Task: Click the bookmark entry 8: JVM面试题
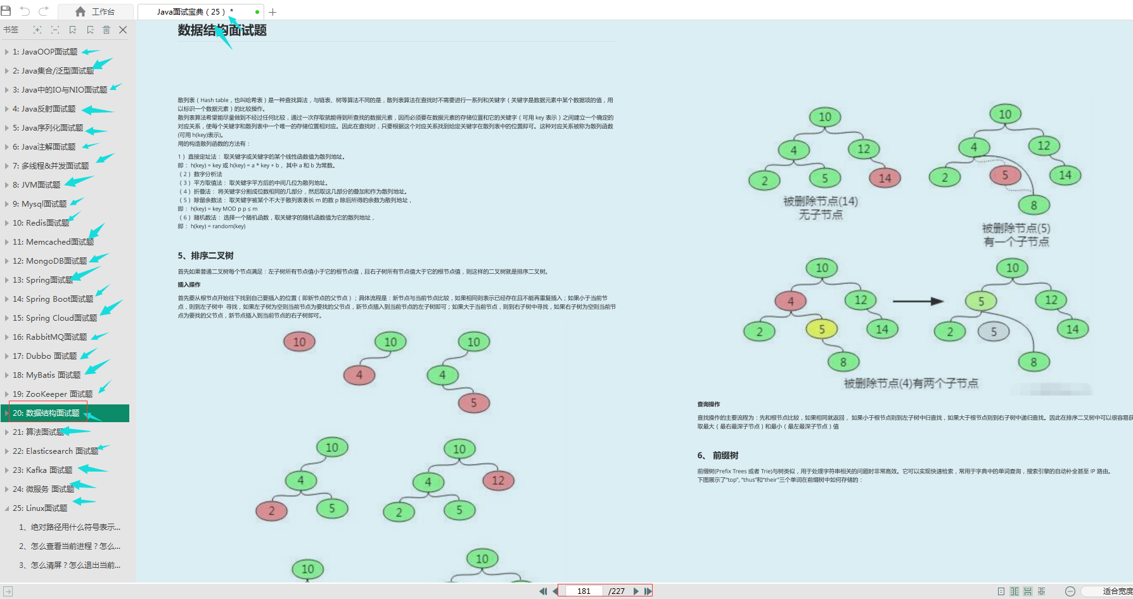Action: [36, 185]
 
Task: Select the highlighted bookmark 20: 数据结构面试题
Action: [46, 413]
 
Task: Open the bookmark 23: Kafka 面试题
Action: [42, 470]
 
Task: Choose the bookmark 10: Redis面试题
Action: [41, 223]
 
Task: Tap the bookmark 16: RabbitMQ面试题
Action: [49, 337]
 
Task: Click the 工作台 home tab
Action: [95, 11]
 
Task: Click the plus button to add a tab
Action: [272, 12]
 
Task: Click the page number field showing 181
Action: [583, 591]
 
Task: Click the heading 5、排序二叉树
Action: [205, 255]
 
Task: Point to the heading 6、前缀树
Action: [717, 455]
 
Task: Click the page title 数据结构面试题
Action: [222, 30]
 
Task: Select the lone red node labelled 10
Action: [299, 342]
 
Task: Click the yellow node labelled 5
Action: [821, 329]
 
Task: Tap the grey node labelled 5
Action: [993, 332]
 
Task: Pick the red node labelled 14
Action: [885, 179]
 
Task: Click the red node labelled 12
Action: [498, 480]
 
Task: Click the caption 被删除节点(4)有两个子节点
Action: [911, 383]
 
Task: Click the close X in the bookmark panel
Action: [123, 30]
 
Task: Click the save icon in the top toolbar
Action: [6, 11]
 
